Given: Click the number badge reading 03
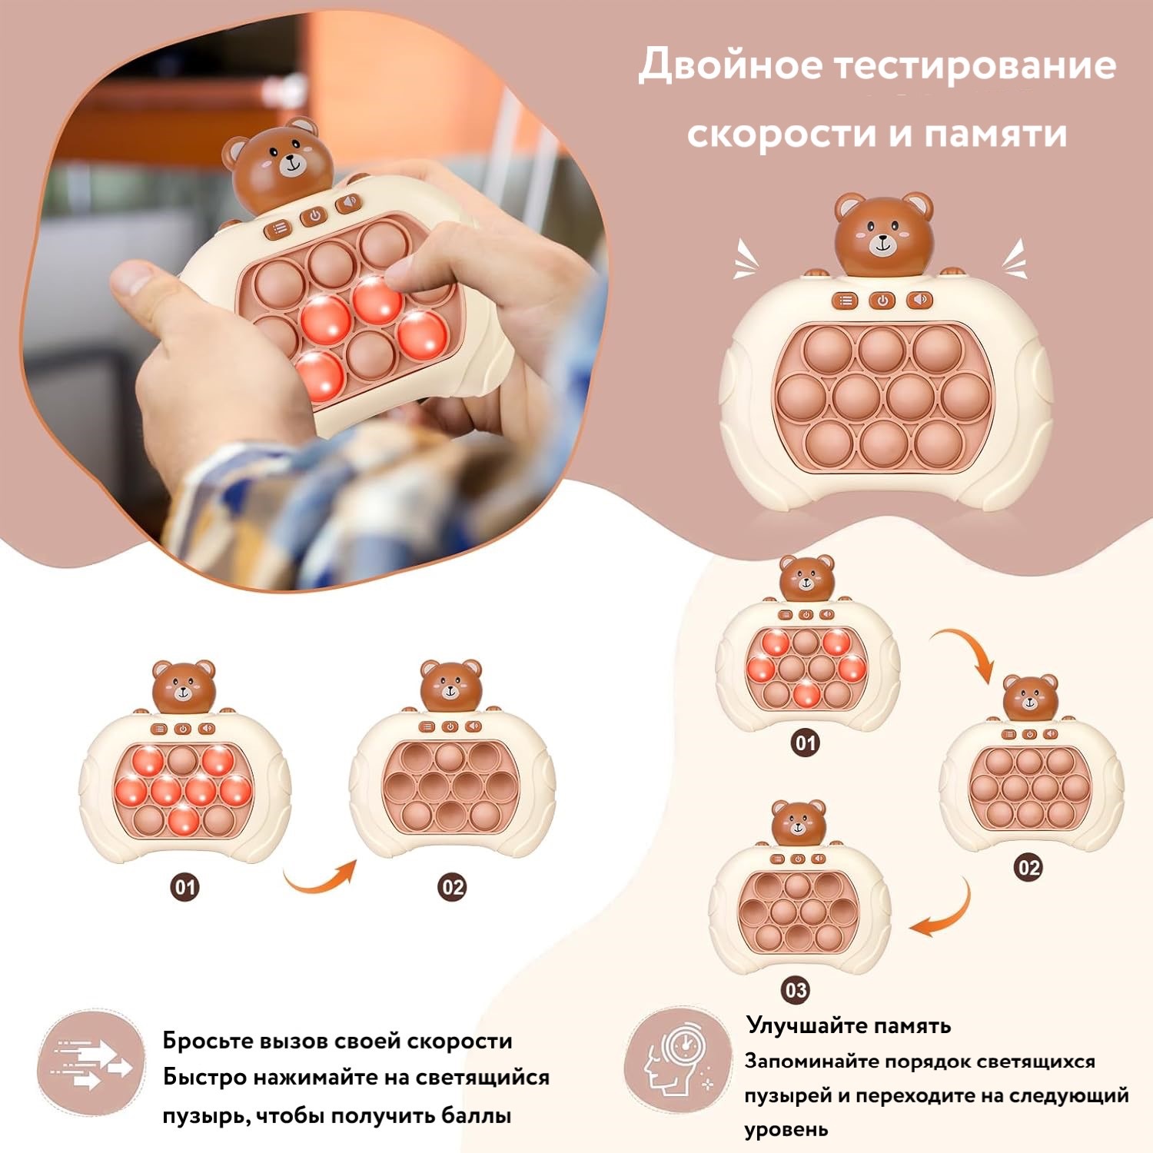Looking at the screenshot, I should [796, 990].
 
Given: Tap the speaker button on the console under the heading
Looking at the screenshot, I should [919, 300].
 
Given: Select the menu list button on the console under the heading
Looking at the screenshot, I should [846, 301].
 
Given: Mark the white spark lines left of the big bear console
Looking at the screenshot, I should [744, 259].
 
